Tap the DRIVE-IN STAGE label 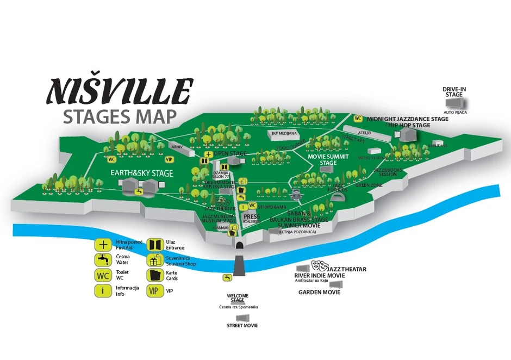pos(454,91)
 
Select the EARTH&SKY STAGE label pos(141,173)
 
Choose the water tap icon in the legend pos(103,259)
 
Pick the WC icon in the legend pos(103,275)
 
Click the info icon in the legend pos(103,290)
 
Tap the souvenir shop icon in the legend pos(154,260)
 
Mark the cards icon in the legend pos(154,275)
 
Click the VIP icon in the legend pos(154,290)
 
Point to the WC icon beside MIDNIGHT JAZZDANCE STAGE pos(358,119)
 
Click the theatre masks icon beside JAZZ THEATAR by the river pos(319,266)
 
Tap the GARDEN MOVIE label pos(319,292)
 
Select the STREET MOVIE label pos(242,325)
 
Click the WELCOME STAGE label pos(238,298)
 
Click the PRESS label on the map pos(252,216)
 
